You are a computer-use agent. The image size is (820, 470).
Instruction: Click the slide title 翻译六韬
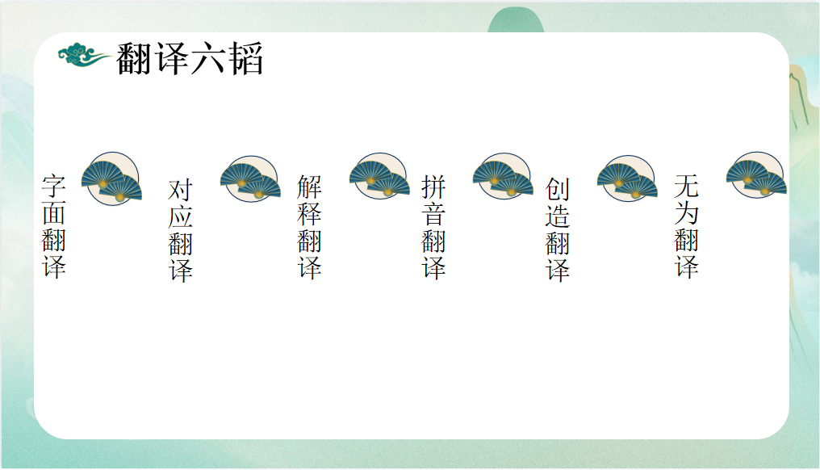(190, 58)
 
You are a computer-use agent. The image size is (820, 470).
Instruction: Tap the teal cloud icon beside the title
(84, 55)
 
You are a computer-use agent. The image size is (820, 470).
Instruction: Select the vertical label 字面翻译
(54, 226)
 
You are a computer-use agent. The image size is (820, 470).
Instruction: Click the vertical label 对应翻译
(181, 230)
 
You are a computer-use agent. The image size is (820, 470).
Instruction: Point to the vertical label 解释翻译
(310, 227)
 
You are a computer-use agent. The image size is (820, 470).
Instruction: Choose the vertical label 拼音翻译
(433, 227)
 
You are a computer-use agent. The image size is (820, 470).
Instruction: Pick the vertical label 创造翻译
(558, 229)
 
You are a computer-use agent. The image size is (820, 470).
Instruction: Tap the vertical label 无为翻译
(687, 226)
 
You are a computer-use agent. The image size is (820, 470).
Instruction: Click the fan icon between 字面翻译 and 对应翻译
(111, 178)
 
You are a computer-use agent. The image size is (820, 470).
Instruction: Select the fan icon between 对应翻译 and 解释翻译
(250, 178)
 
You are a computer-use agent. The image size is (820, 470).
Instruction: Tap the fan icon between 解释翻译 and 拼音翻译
(379, 176)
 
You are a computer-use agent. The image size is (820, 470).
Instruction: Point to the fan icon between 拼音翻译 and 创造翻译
(503, 176)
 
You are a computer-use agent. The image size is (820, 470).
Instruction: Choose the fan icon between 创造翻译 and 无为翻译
(627, 178)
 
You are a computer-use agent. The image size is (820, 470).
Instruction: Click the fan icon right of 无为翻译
(756, 175)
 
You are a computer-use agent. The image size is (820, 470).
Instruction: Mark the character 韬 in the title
(245, 58)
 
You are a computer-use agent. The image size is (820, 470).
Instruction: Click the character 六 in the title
(208, 58)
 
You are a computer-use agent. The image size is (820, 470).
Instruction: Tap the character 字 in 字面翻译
(54, 186)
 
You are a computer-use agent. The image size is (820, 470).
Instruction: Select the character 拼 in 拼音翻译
(433, 187)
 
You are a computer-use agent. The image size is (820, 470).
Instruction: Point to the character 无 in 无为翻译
(687, 186)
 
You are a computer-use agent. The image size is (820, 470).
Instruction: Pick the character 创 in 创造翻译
(558, 189)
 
